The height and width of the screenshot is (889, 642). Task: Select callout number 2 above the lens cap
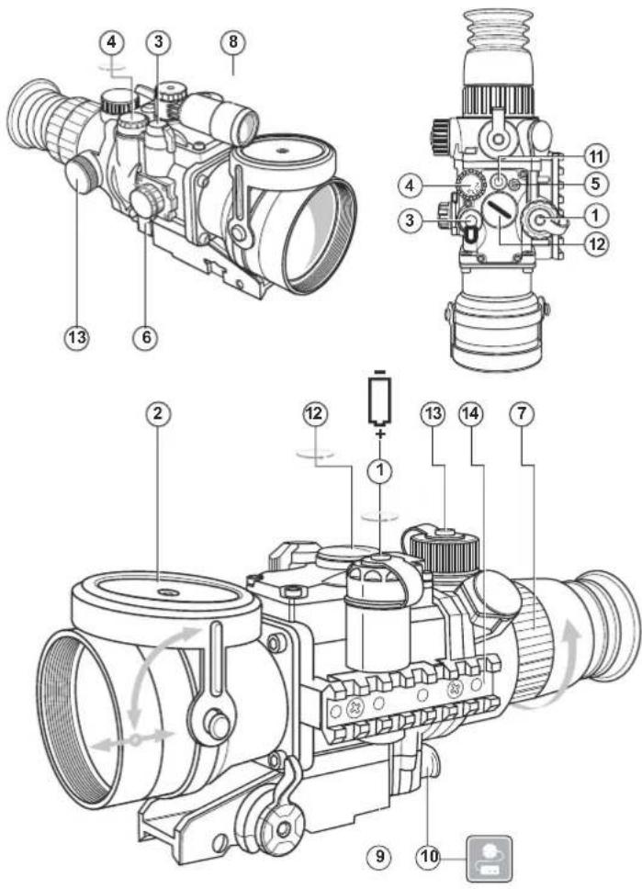159,414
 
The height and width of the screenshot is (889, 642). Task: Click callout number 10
429,856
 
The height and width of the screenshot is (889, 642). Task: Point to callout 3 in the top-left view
159,41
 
